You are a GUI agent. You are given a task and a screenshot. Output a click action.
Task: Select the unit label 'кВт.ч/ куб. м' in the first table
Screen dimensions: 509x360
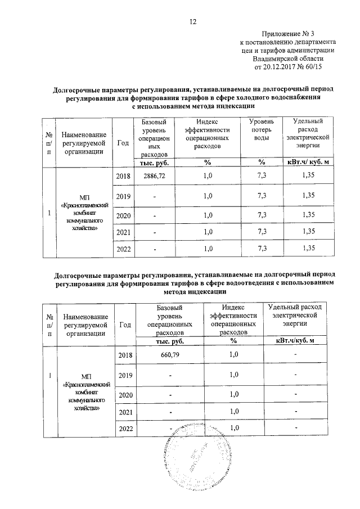(308, 163)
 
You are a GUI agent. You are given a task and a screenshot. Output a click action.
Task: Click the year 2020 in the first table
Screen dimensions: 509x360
(123, 215)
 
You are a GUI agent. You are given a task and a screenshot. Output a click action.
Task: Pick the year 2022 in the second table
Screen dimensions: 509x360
(125, 430)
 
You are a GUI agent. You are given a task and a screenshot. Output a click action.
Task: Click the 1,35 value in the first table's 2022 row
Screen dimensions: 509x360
(308, 248)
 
